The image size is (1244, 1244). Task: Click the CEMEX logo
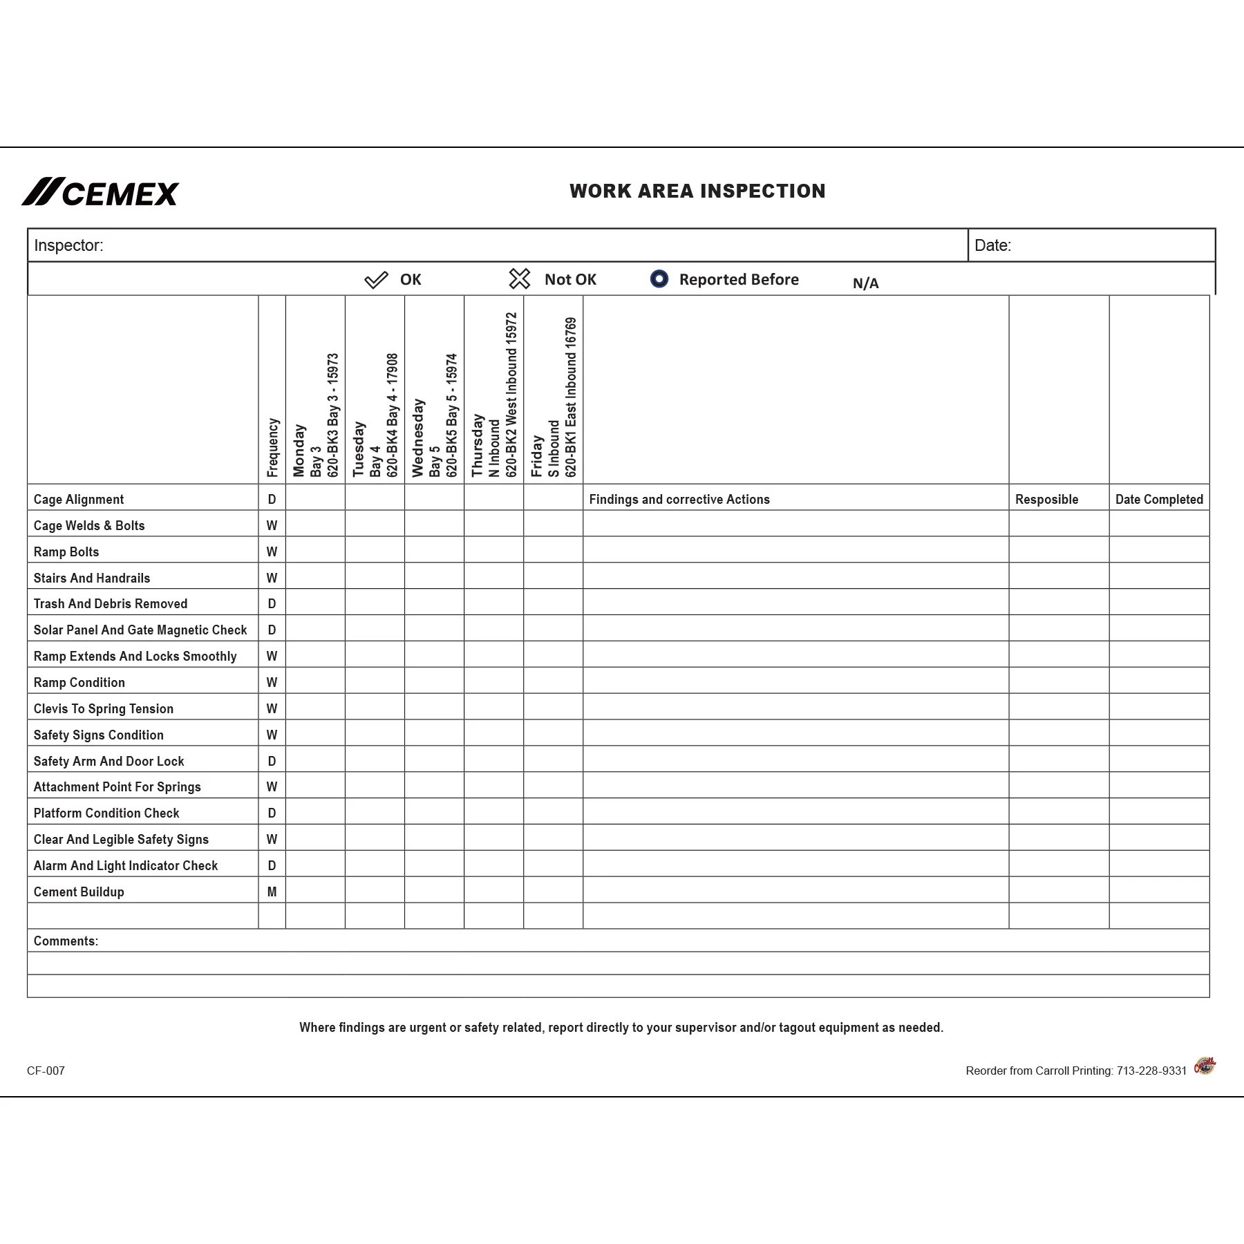pyautogui.click(x=100, y=192)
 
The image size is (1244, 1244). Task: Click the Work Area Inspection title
pyautogui.click(x=697, y=191)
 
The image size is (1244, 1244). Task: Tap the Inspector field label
pyautogui.click(x=68, y=245)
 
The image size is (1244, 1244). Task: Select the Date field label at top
pyautogui.click(x=992, y=245)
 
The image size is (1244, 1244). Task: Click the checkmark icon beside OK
pyautogui.click(x=376, y=280)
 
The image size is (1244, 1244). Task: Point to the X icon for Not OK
pyautogui.click(x=519, y=279)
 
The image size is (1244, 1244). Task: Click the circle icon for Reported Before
pyautogui.click(x=659, y=279)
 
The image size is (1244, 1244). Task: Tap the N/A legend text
pyautogui.click(x=865, y=283)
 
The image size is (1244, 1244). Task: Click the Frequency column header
pyautogui.click(x=272, y=447)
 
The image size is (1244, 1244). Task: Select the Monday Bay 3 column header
pyautogui.click(x=315, y=415)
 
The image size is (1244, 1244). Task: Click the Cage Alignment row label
pyautogui.click(x=79, y=499)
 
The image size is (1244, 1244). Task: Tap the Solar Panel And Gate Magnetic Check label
pyautogui.click(x=140, y=630)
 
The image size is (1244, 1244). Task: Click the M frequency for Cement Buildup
pyautogui.click(x=272, y=892)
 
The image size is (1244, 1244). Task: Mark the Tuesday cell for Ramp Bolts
pyautogui.click(x=375, y=550)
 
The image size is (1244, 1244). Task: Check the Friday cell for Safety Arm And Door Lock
pyautogui.click(x=553, y=760)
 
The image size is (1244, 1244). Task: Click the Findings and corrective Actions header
pyautogui.click(x=679, y=499)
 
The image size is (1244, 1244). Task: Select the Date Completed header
pyautogui.click(x=1159, y=499)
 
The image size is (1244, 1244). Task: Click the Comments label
pyautogui.click(x=66, y=941)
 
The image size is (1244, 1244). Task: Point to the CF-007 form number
pyautogui.click(x=46, y=1071)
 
